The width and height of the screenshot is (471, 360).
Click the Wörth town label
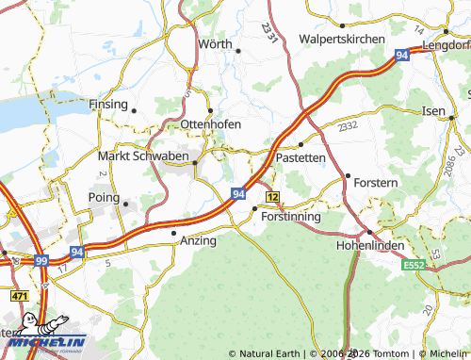click(215, 43)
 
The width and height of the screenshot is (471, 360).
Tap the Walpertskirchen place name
click(341, 39)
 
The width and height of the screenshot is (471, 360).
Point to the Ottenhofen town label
click(210, 124)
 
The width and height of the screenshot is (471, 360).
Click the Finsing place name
click(108, 104)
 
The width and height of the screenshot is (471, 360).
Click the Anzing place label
click(198, 240)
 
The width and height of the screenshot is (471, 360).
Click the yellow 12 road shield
click(272, 196)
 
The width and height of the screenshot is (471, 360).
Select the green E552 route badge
click(414, 267)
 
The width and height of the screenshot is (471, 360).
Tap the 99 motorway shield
click(40, 259)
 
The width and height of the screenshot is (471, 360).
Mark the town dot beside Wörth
click(238, 50)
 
